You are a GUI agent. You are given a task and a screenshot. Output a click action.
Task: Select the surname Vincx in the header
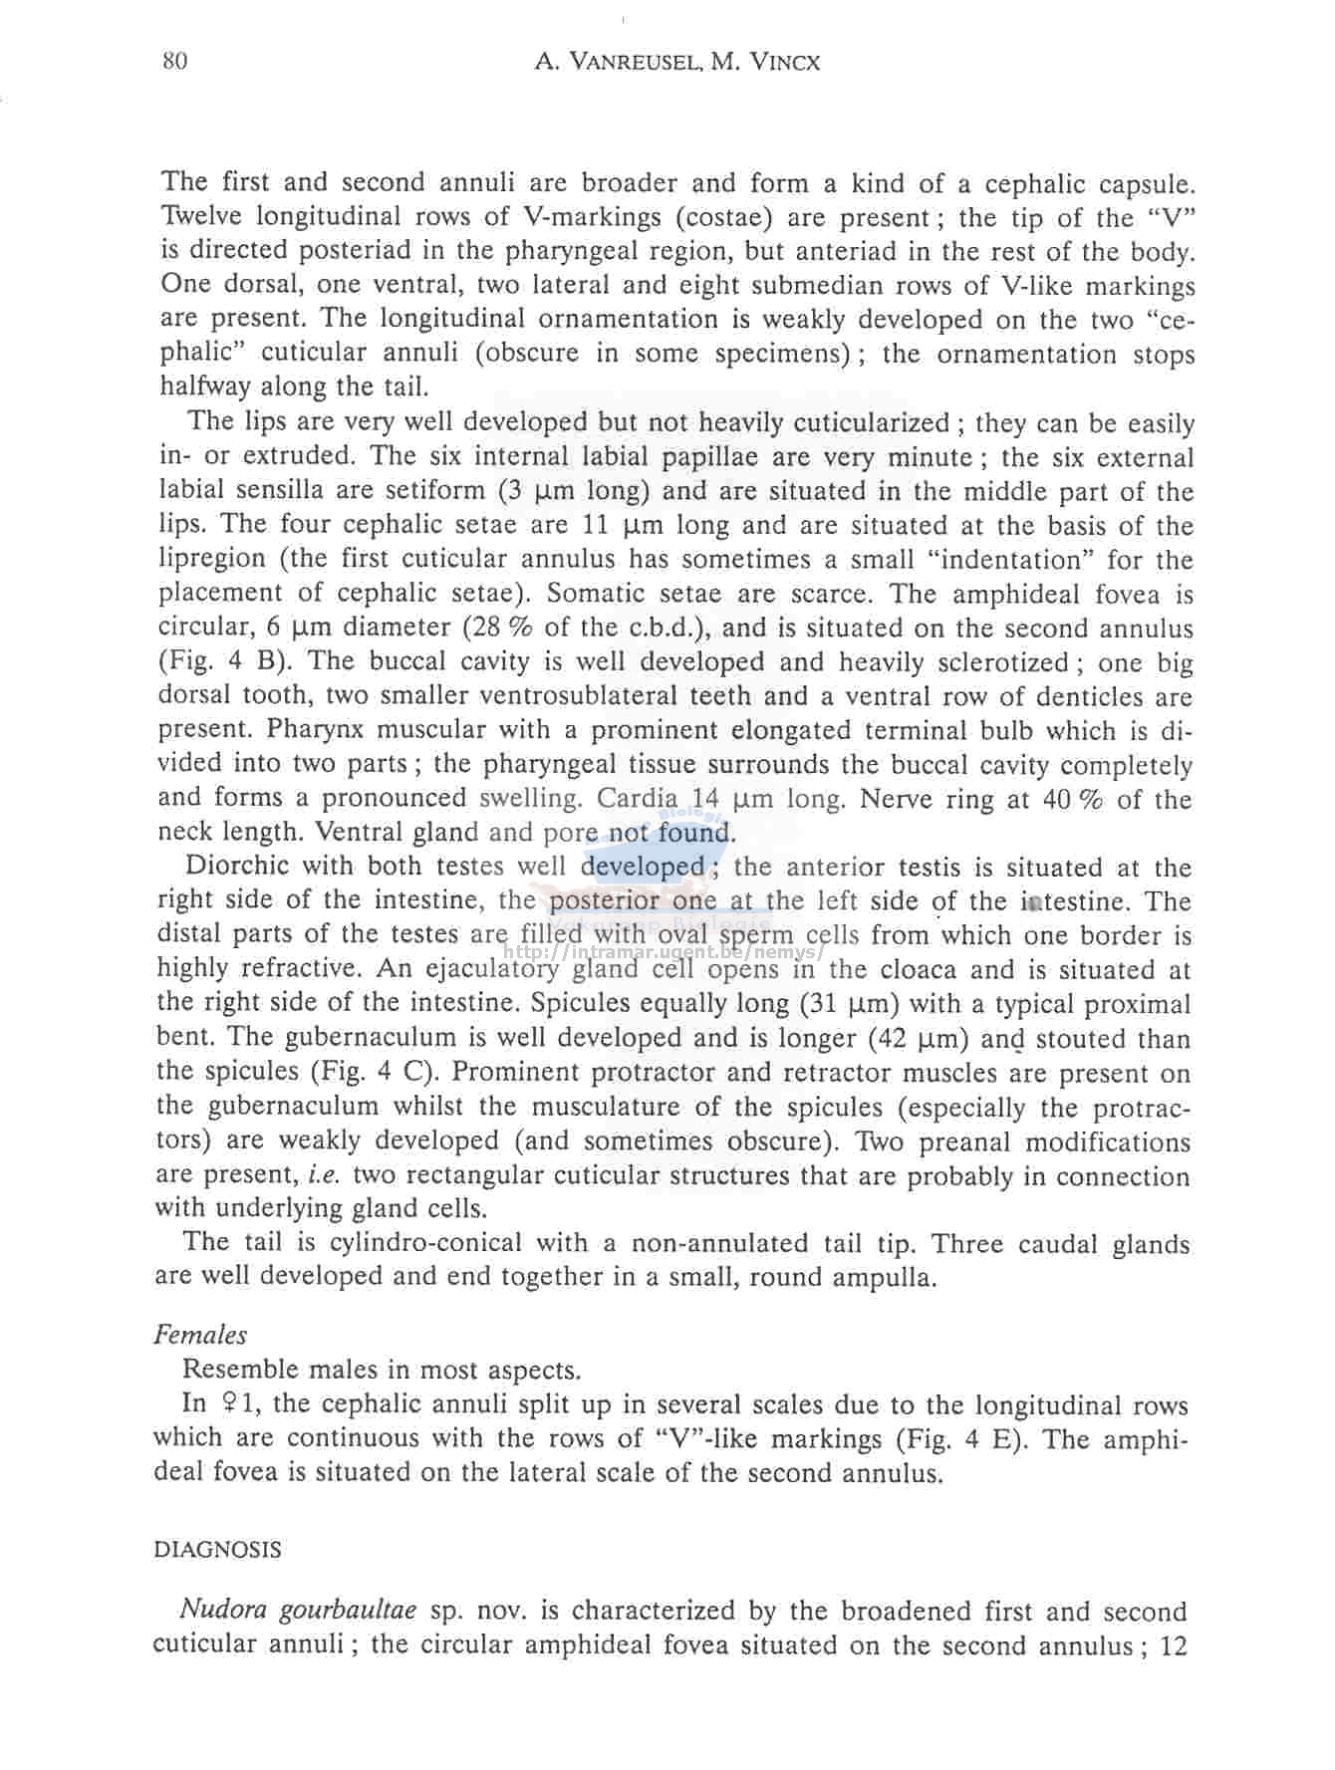click(784, 63)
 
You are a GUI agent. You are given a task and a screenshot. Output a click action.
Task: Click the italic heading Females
click(200, 1335)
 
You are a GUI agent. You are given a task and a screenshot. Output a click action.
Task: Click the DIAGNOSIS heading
click(217, 1550)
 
